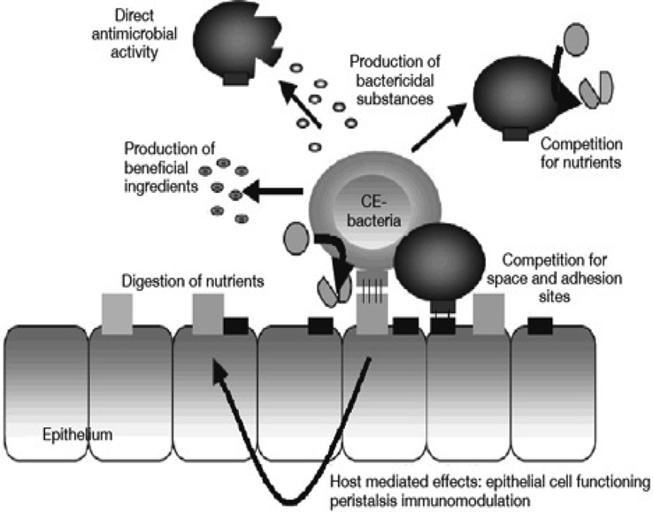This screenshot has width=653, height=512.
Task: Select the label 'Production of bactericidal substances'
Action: pos(390,81)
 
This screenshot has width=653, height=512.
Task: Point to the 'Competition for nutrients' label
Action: pos(581,152)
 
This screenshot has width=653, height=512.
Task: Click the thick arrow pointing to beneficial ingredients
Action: pos(274,189)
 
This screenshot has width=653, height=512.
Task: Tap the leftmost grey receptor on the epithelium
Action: pos(117,314)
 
